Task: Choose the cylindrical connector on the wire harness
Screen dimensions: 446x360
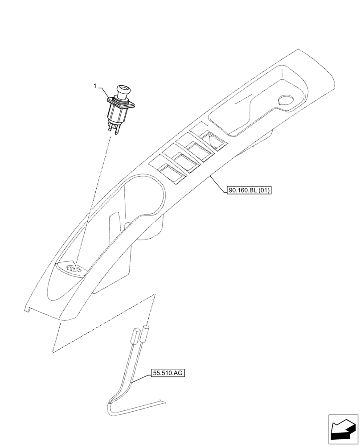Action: [146, 333]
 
